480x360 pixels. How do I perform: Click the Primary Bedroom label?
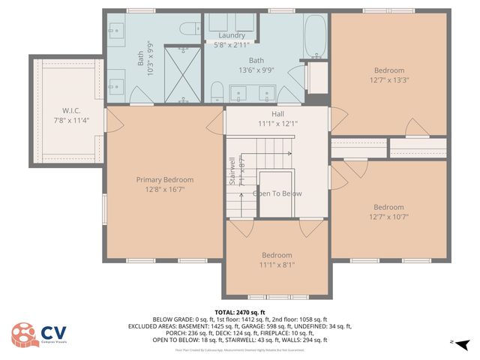(x=164, y=179)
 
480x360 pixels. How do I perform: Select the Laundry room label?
(x=232, y=35)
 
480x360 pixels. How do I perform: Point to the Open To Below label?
(x=277, y=193)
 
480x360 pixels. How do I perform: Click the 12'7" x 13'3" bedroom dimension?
(x=388, y=80)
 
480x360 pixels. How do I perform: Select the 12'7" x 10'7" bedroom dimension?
(x=388, y=217)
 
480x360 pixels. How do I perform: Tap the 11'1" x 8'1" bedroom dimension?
(x=277, y=265)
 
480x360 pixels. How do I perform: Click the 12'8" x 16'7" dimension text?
(x=164, y=190)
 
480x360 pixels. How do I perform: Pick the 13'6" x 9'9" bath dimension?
(x=256, y=70)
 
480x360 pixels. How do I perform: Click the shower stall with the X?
(x=182, y=74)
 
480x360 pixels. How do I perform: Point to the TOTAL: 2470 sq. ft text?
(x=240, y=312)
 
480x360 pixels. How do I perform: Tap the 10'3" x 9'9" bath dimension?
(x=150, y=58)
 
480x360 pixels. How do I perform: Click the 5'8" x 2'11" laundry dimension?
(x=232, y=45)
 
